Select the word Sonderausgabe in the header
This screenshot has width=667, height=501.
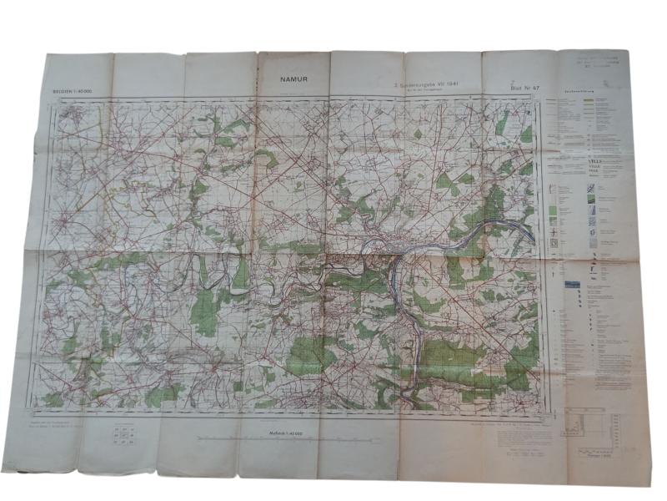[x=420, y=83]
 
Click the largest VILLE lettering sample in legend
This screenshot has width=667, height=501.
[x=573, y=164]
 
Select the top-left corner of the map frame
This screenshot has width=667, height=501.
[x=58, y=102]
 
